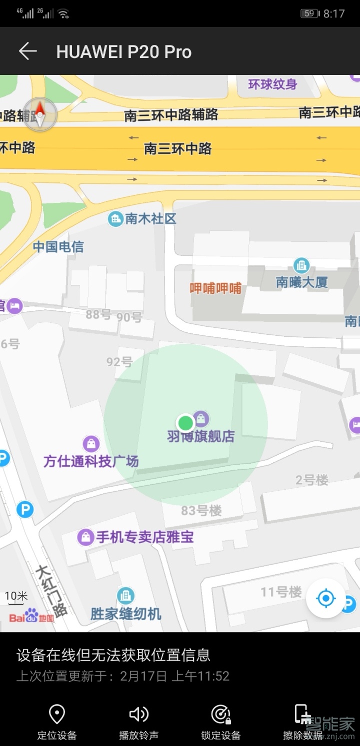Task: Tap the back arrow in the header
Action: click(x=28, y=51)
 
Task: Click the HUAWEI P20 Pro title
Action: click(x=123, y=52)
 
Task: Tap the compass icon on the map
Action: click(x=40, y=115)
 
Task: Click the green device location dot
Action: click(x=186, y=423)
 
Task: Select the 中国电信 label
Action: click(x=58, y=246)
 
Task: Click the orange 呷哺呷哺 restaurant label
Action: click(x=215, y=288)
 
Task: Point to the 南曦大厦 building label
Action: click(x=301, y=282)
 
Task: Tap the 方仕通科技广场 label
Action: click(x=90, y=461)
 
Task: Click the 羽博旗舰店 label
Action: click(x=200, y=436)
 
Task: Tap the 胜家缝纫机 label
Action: click(x=126, y=613)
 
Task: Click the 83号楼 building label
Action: click(x=201, y=510)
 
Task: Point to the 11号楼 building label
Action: click(x=281, y=592)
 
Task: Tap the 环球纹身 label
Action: click(x=272, y=84)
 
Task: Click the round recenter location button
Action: click(x=326, y=598)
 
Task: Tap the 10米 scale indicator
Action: click(x=16, y=596)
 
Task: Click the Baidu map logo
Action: click(x=31, y=617)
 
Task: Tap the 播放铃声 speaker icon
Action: click(x=138, y=715)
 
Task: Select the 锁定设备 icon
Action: click(x=220, y=715)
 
